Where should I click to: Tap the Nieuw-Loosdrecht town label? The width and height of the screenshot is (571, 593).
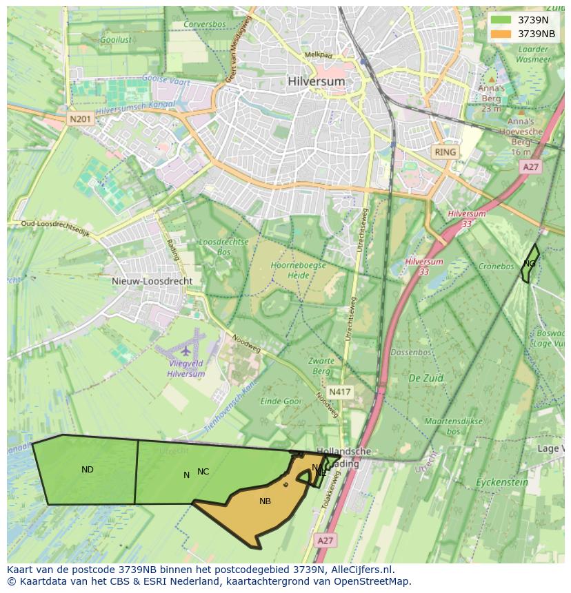[x=152, y=281]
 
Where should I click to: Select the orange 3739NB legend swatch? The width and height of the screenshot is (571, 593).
[x=501, y=34]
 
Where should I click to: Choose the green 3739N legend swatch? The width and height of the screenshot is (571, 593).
[x=501, y=20]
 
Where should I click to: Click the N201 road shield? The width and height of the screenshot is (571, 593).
[x=80, y=120]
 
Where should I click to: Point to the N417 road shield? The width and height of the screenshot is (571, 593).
[x=339, y=392]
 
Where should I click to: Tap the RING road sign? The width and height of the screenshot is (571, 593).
[x=445, y=152]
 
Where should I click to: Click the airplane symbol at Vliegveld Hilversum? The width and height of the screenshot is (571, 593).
[x=186, y=351]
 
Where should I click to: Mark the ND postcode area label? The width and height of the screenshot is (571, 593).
[x=88, y=470]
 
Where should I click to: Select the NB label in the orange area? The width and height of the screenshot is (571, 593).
[x=265, y=501]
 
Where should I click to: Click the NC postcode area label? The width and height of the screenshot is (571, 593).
[x=203, y=472]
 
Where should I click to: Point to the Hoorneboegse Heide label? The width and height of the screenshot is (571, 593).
[x=299, y=269]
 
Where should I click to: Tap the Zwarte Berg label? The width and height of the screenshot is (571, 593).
[x=321, y=366]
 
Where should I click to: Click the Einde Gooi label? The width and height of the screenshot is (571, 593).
[x=281, y=401]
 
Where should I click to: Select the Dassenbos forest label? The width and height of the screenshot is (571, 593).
[x=411, y=352]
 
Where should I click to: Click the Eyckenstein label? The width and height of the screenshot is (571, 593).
[x=502, y=482]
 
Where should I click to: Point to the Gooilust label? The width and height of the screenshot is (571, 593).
[x=116, y=41]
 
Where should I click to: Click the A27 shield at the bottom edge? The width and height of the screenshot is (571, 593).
[x=324, y=541]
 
